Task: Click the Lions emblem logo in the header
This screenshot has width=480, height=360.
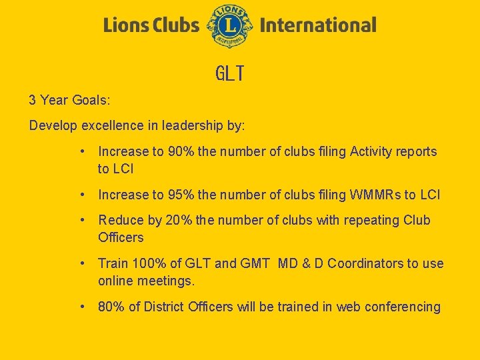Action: coord(230,26)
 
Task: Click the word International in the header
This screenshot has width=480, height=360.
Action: coord(318,26)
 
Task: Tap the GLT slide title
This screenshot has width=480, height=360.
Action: coord(230,74)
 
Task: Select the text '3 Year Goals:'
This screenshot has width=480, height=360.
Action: coord(69,101)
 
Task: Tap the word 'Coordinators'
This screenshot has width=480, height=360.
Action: coord(366,263)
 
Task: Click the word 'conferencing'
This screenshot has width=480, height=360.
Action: coord(401,307)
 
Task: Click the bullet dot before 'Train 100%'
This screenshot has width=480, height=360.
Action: coord(81,263)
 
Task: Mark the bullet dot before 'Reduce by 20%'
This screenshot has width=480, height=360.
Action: coord(81,220)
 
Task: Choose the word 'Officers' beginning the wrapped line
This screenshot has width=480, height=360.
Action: coord(121,237)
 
